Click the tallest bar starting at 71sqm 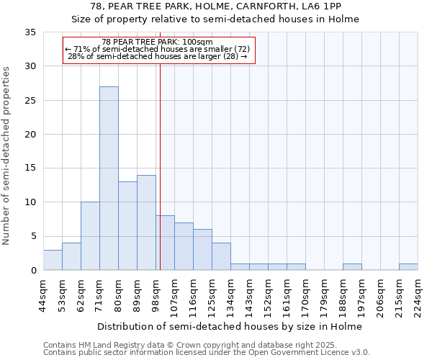[109, 179]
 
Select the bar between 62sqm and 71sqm [90, 236]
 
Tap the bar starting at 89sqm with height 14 [146, 222]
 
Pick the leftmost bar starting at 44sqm [53, 260]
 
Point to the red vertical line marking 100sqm [160, 166]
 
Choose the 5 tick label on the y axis [32, 236]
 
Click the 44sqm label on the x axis [43, 293]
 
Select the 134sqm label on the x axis [230, 293]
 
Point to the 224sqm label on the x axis [418, 293]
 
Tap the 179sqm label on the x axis [324, 293]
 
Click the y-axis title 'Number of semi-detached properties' [7, 155]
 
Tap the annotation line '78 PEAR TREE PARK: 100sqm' [158, 42]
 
